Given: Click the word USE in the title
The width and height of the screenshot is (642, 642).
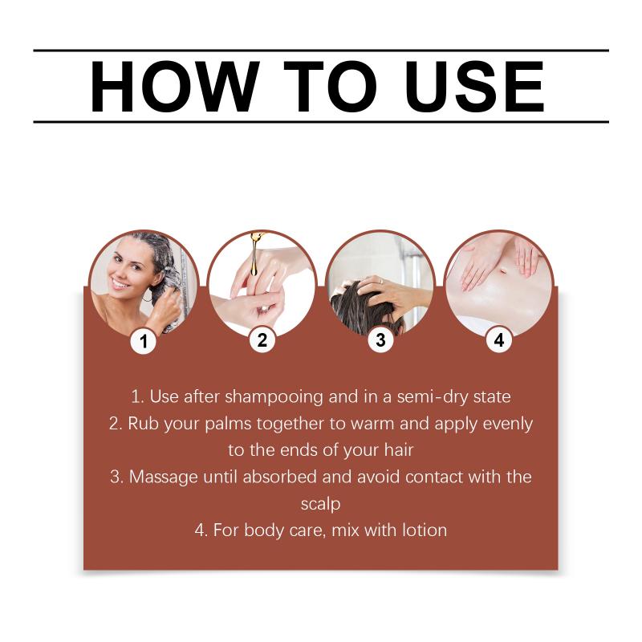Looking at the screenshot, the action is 474,87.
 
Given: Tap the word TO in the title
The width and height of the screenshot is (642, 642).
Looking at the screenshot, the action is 330,87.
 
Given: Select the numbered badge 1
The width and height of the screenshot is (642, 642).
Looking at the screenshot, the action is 144,340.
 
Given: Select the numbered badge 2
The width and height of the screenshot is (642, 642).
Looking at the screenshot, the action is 262,339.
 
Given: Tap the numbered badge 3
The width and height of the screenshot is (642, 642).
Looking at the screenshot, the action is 380,339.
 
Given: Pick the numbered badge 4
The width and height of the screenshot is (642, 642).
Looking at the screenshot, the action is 498,339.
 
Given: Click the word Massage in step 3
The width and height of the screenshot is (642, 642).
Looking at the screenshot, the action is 164,477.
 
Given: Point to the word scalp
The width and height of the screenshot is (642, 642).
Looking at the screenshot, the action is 320,504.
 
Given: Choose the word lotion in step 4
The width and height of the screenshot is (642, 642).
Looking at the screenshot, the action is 425,530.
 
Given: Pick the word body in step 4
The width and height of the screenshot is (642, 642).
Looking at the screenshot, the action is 264,531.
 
